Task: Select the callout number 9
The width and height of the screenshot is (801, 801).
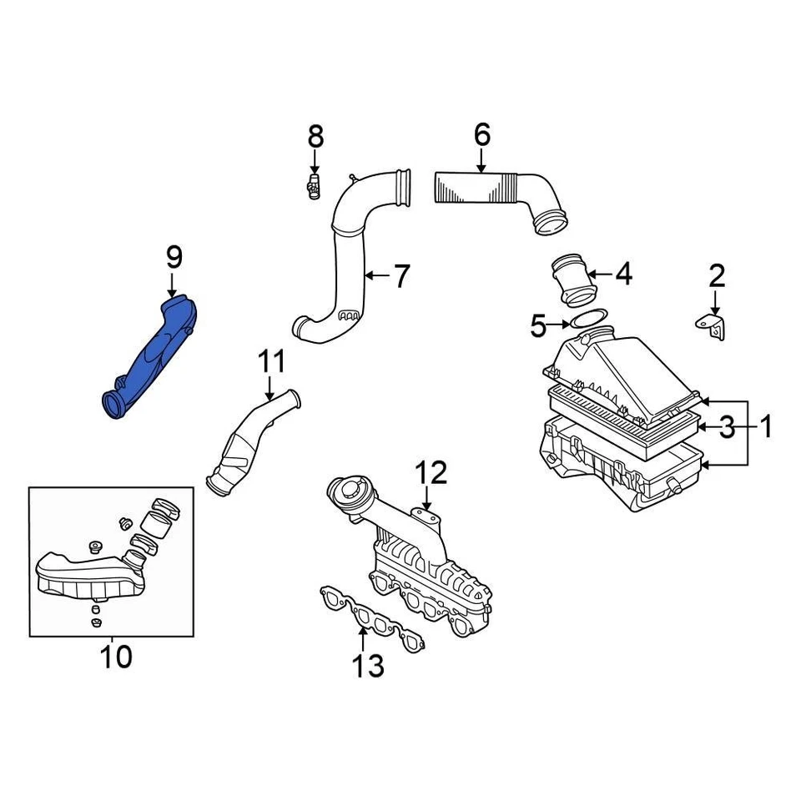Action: (x=173, y=258)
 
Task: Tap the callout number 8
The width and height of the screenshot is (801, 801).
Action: (x=315, y=135)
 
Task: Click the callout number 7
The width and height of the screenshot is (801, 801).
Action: (x=401, y=276)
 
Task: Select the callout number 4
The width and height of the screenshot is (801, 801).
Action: (x=623, y=274)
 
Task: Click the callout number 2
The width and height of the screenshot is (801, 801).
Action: (x=717, y=275)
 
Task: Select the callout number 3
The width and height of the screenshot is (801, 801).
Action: (x=727, y=428)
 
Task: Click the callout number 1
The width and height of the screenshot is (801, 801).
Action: (x=764, y=428)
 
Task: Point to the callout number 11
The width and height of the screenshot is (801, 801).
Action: (x=271, y=362)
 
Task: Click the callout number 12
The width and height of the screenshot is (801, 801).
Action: (x=432, y=473)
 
